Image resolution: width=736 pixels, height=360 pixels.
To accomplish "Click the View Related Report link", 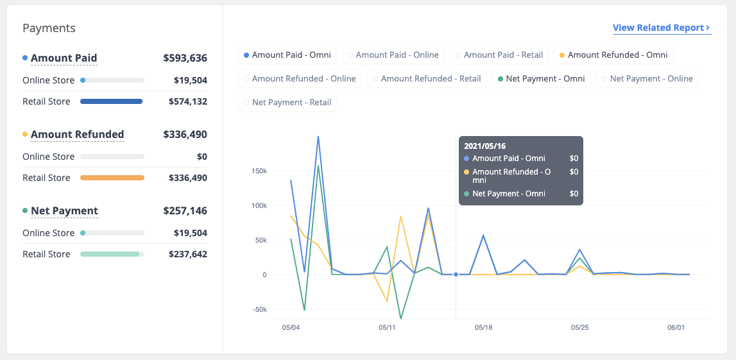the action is tap(662, 28).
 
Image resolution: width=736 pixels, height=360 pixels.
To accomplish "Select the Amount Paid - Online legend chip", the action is tap(393, 55).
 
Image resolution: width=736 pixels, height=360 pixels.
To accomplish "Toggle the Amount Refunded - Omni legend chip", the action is tap(613, 55).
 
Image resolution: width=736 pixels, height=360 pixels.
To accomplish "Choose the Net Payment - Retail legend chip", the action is tap(287, 102).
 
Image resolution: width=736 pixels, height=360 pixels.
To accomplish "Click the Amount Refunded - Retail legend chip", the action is tap(427, 79).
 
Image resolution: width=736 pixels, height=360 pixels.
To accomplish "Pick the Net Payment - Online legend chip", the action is tap(647, 79).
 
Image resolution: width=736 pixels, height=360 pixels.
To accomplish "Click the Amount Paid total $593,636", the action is tap(185, 58).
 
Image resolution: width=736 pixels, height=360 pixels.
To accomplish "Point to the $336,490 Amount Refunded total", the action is tap(185, 135).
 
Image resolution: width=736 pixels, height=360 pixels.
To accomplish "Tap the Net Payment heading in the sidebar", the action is tap(64, 210).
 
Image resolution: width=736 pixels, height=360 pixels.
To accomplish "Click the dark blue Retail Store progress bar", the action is tap(111, 101).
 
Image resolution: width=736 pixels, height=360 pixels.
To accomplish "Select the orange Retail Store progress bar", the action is tap(112, 178).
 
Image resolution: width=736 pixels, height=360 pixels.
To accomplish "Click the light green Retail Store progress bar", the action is tap(110, 254).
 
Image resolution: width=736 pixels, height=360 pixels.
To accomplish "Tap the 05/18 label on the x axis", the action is tap(483, 327).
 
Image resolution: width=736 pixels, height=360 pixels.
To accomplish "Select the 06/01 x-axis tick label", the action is tap(676, 327).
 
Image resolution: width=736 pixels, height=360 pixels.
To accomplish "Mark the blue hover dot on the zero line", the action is tap(456, 275).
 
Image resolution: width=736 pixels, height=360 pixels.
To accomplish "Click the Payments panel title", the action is tap(49, 28).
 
